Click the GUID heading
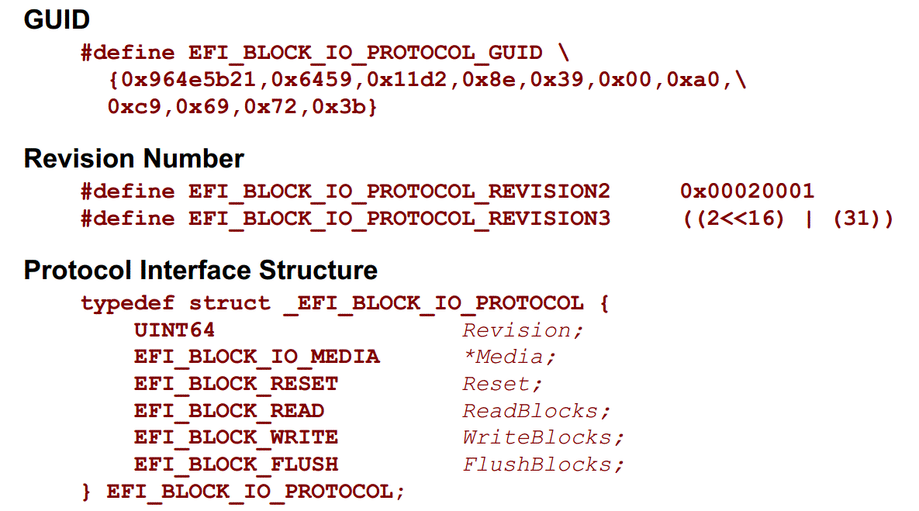click(x=57, y=19)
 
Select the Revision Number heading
click(x=133, y=158)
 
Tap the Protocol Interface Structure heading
click(x=200, y=270)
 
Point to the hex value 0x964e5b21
click(x=188, y=79)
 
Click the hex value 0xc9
click(x=134, y=107)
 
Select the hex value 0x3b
click(x=339, y=107)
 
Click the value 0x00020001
click(x=748, y=191)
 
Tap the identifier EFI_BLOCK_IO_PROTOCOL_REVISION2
click(x=399, y=192)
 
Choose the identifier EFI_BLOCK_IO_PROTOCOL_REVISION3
click(x=399, y=219)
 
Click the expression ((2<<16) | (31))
click(x=788, y=219)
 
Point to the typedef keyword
click(x=128, y=303)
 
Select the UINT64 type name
click(x=174, y=330)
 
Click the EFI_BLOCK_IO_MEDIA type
click(x=257, y=357)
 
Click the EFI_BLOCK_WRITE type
click(x=237, y=438)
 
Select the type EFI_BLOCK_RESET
click(x=237, y=384)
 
